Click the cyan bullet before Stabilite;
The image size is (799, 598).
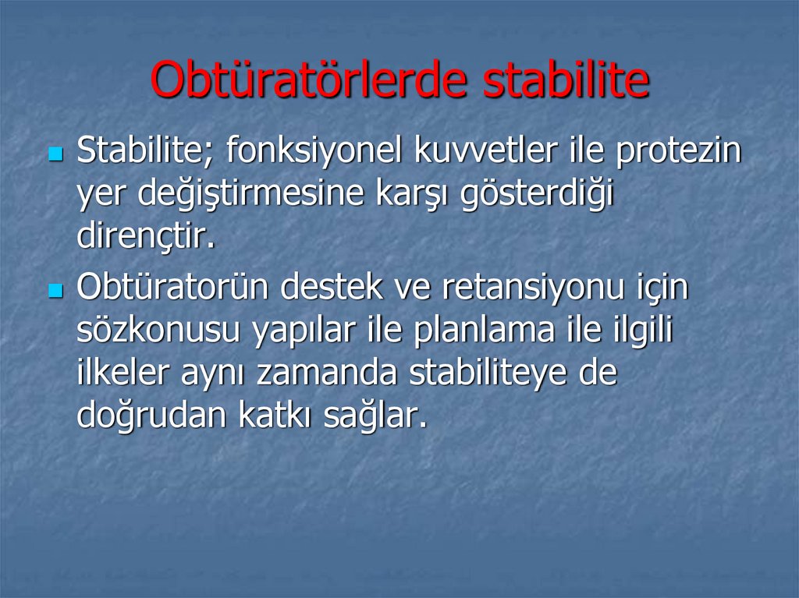(55, 154)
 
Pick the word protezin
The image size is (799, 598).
(678, 151)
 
